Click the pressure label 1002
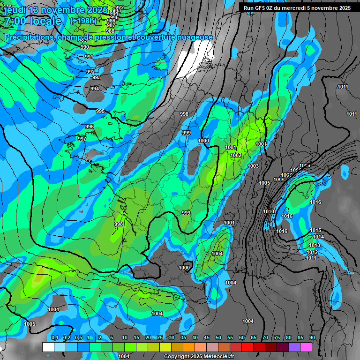236,155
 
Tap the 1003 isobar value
253,166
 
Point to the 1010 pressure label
268,211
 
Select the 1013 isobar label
314,245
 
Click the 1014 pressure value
318,237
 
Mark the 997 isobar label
82,139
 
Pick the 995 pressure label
100,111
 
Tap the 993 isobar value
96,77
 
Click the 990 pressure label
84,47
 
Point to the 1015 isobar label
315,230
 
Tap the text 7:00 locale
33,21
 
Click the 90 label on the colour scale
312,337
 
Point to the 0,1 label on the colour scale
55,337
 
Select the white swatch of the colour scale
48,347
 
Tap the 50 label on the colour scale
218,337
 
